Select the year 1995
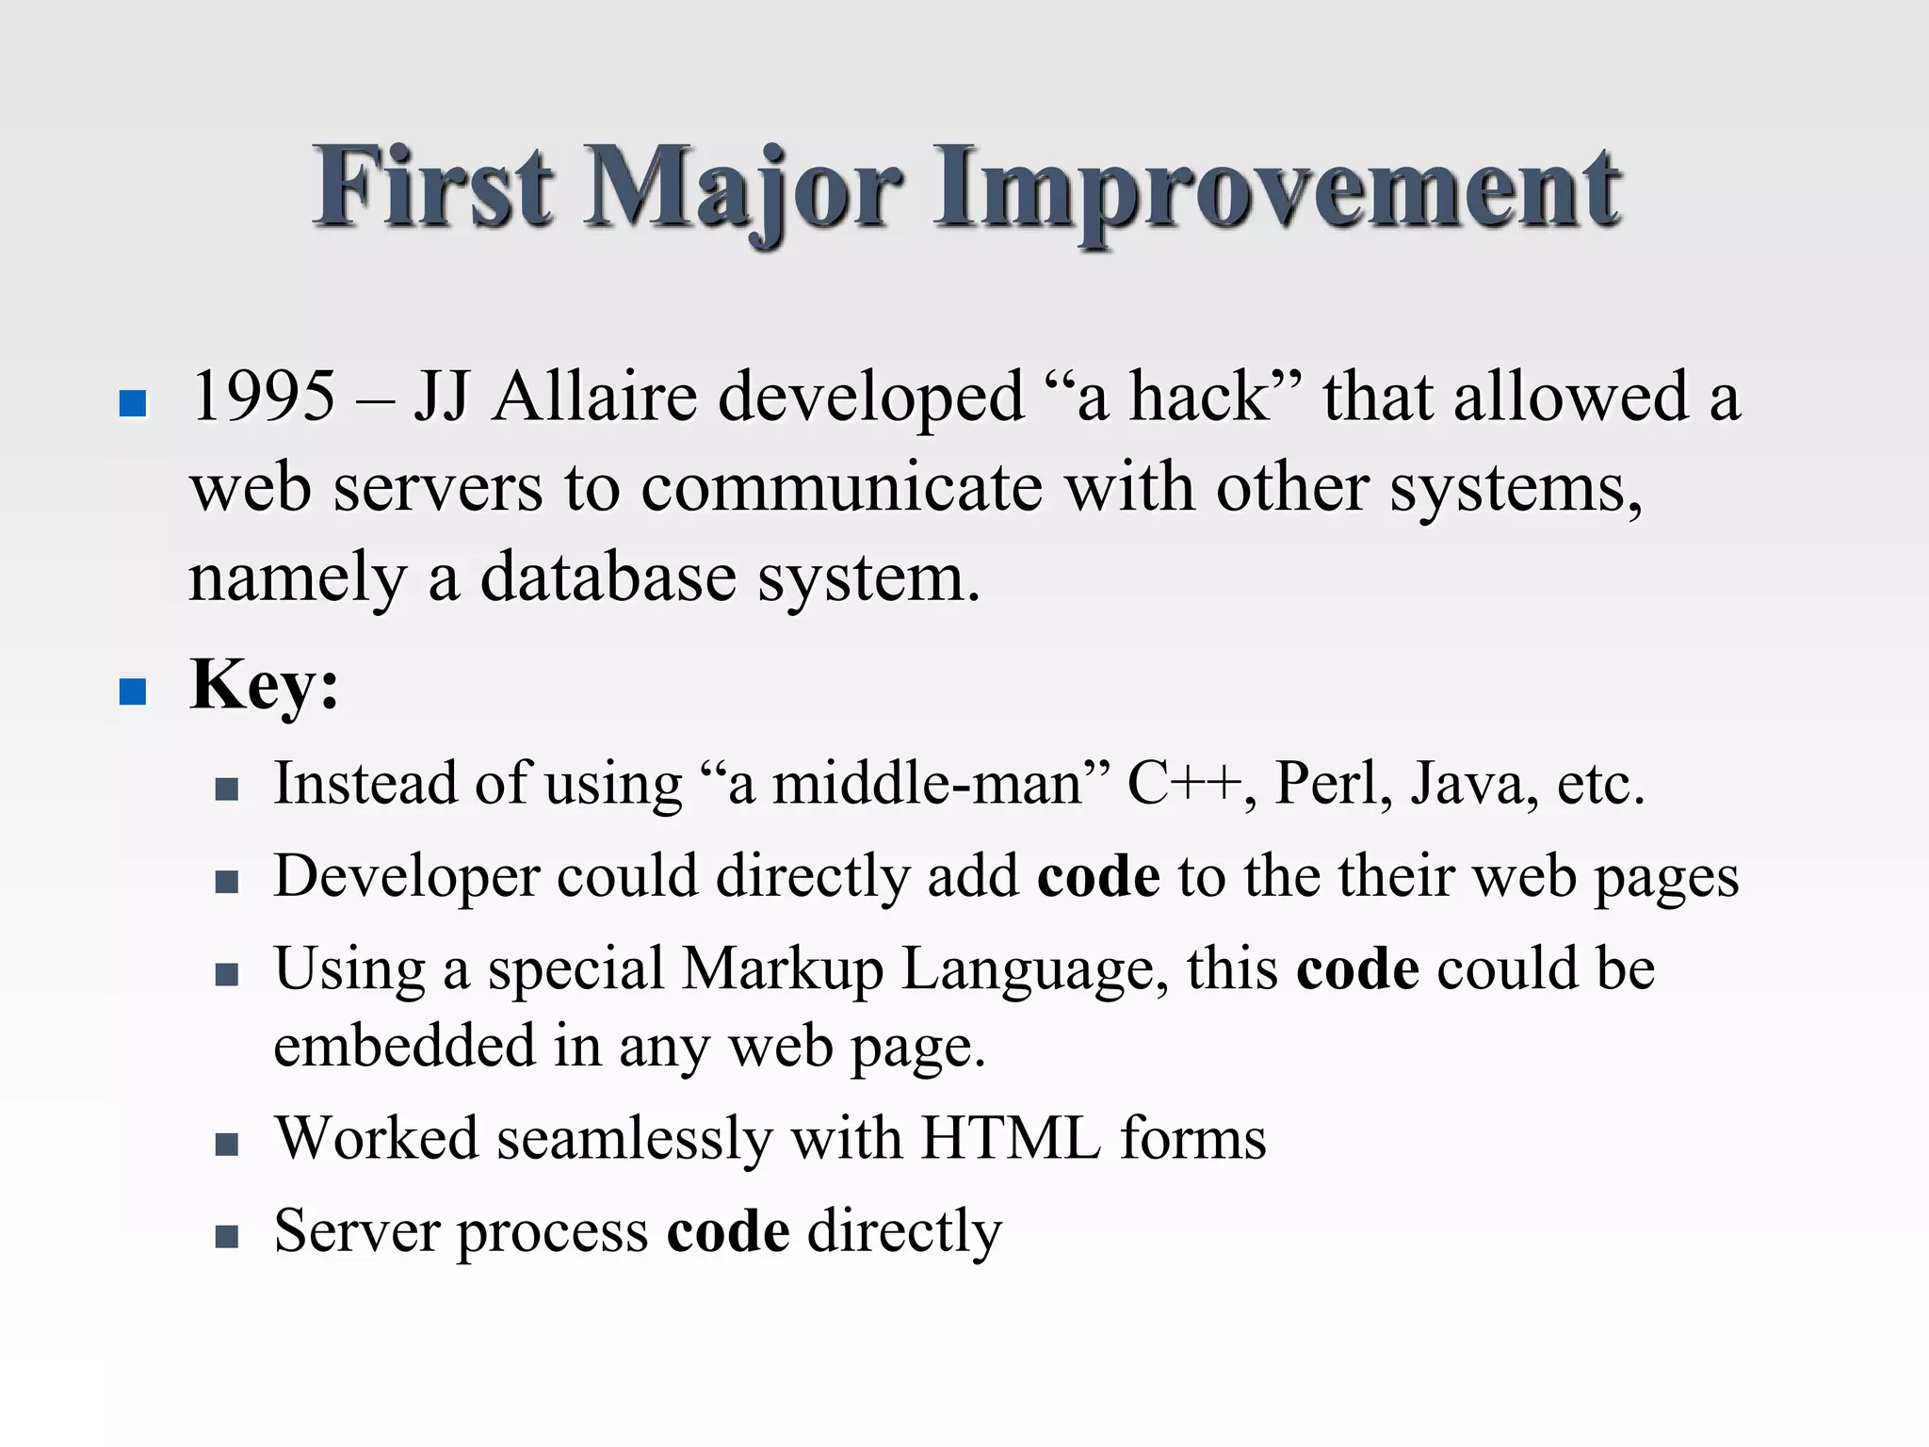pos(263,396)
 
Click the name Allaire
pos(595,396)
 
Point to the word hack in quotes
pos(1199,396)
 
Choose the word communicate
pos(842,488)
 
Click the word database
pos(608,577)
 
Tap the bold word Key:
pos(265,685)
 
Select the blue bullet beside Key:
pos(134,692)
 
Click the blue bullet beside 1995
pos(134,404)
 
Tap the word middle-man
pos(928,783)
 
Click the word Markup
pos(783,969)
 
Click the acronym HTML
pos(1011,1138)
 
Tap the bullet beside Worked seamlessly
pos(226,1145)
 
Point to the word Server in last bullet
pos(357,1230)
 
